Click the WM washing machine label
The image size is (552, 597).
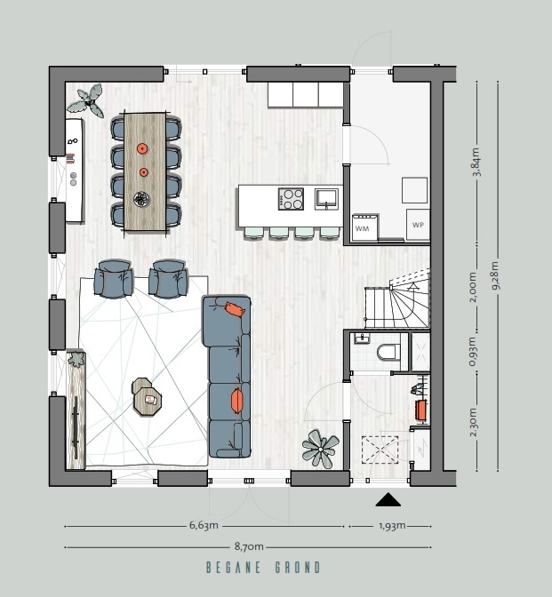[x=362, y=228]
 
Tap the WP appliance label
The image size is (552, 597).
[x=418, y=225]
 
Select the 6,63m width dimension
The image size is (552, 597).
[x=204, y=525]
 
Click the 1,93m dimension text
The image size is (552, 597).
[x=392, y=526]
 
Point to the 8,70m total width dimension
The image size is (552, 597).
[x=249, y=546]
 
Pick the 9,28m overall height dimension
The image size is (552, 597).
[x=495, y=275]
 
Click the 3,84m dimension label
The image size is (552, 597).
[x=476, y=162]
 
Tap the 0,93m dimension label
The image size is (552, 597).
[x=472, y=352]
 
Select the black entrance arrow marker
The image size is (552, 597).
[x=388, y=499]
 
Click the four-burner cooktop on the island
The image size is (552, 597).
[x=291, y=199]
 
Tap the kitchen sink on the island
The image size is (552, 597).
[x=326, y=199]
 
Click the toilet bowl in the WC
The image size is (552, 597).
[x=388, y=352]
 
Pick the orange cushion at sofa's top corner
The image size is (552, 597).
[x=235, y=309]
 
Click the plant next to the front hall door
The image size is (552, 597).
[x=320, y=449]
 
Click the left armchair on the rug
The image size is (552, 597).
[x=114, y=279]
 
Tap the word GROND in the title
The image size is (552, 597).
[x=298, y=568]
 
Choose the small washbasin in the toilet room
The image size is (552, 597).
[x=361, y=338]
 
